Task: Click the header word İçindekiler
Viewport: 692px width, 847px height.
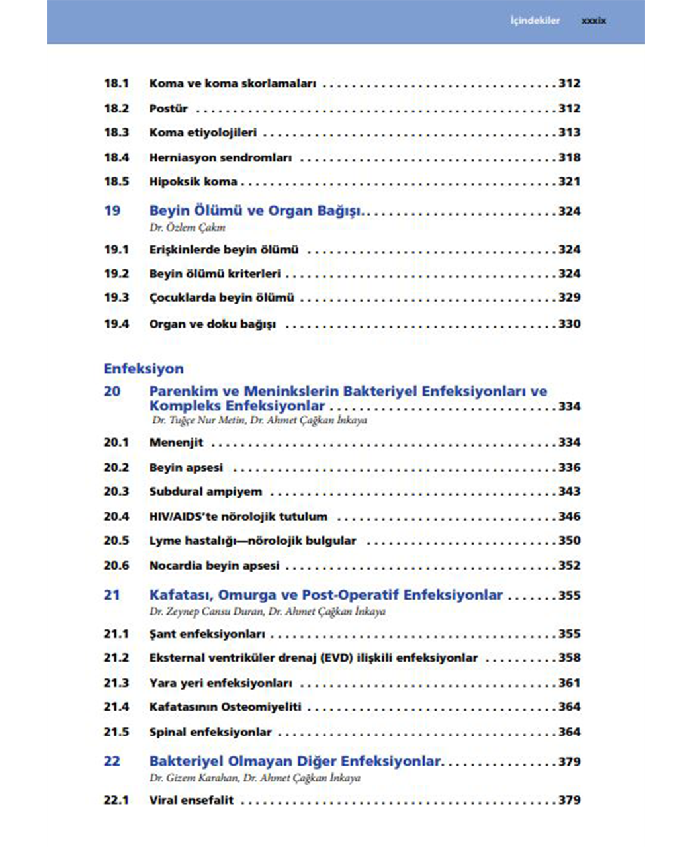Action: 535,21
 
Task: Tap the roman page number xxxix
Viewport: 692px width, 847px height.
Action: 593,21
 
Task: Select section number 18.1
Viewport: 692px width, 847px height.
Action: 116,83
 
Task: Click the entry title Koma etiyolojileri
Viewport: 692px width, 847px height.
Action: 202,132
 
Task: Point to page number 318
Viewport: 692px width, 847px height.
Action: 569,157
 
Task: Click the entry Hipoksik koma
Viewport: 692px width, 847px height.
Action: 193,181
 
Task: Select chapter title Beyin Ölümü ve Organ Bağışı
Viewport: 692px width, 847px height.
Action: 256,211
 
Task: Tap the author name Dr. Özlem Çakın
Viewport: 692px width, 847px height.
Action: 187,227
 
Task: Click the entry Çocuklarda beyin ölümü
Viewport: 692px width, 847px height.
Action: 222,298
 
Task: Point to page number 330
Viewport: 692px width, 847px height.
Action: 569,324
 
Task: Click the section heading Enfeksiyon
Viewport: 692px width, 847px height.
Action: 144,369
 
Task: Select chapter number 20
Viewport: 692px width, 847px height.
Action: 112,391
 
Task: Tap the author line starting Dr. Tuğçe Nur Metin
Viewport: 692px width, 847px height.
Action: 259,420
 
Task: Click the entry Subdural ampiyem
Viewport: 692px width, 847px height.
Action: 205,492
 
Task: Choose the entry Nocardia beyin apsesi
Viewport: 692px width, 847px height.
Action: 214,566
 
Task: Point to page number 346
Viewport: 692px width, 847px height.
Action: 569,516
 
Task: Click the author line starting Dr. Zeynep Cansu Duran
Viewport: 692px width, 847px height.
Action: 267,611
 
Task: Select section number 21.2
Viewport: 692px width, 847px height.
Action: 116,658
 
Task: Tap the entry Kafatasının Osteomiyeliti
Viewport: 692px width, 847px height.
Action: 225,707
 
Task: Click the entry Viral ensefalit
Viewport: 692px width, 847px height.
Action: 191,800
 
